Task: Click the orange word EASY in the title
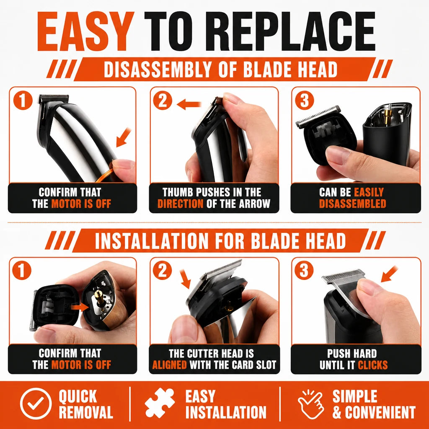85,31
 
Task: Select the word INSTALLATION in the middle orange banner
152,241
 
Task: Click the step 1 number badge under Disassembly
23,101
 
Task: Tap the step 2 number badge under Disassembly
163,101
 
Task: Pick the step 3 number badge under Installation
304,270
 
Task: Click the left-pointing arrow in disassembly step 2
189,104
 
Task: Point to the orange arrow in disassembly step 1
124,137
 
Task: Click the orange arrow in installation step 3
389,274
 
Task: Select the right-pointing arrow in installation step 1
80,307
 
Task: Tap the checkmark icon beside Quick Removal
35,403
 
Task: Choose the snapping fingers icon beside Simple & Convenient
311,404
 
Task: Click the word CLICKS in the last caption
372,365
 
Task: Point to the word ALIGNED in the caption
170,365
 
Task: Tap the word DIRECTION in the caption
180,204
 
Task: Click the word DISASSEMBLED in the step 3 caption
353,204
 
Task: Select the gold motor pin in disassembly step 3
387,117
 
